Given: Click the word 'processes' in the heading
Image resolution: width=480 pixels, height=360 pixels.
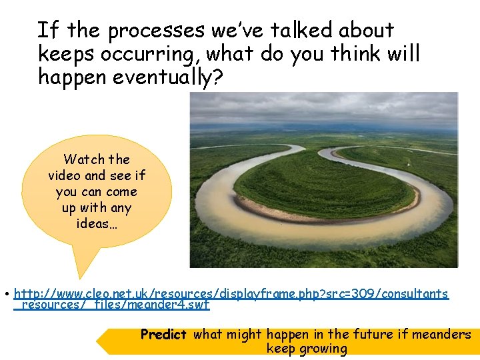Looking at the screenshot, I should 157,31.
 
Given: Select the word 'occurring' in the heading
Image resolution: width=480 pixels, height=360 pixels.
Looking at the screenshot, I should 149,54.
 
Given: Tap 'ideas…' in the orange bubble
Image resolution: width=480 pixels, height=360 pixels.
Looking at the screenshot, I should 97,224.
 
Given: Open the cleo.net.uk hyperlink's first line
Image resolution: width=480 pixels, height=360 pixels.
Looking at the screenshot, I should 231,293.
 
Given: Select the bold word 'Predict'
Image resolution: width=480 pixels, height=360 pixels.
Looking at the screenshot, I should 163,334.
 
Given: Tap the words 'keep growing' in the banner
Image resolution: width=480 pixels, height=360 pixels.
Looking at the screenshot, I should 307,348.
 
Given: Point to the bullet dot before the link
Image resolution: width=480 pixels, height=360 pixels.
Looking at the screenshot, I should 5,294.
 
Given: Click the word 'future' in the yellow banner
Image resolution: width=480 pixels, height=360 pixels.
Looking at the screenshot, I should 372,334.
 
